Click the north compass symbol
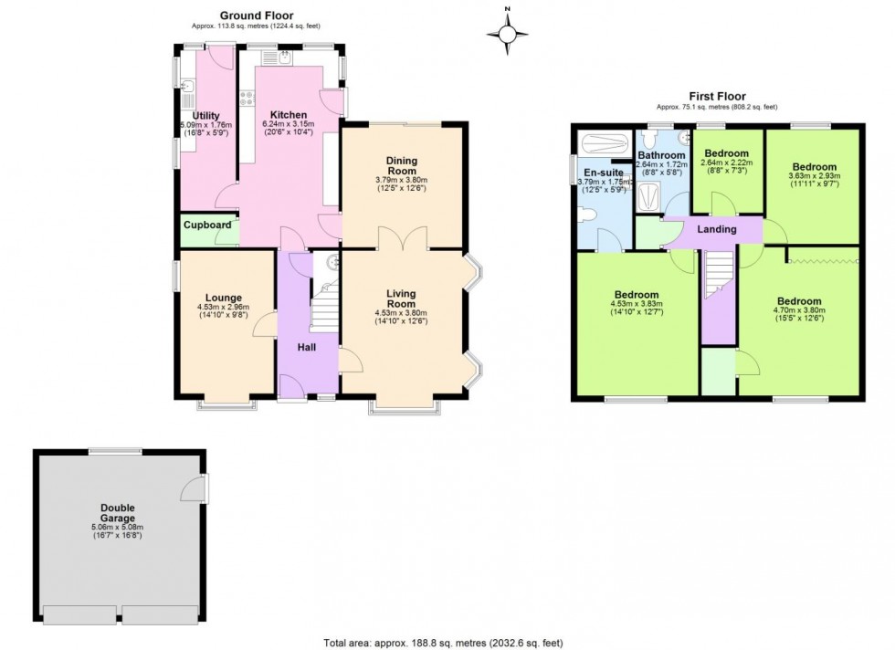coord(508,33)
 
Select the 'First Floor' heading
coord(717,96)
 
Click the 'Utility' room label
coord(206,115)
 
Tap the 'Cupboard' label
coord(207,225)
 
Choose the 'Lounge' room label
coord(223,298)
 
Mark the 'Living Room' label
coord(401,299)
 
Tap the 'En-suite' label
coord(603,173)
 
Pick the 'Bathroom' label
coord(661,156)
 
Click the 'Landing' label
coord(717,229)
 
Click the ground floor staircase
coord(325,307)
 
